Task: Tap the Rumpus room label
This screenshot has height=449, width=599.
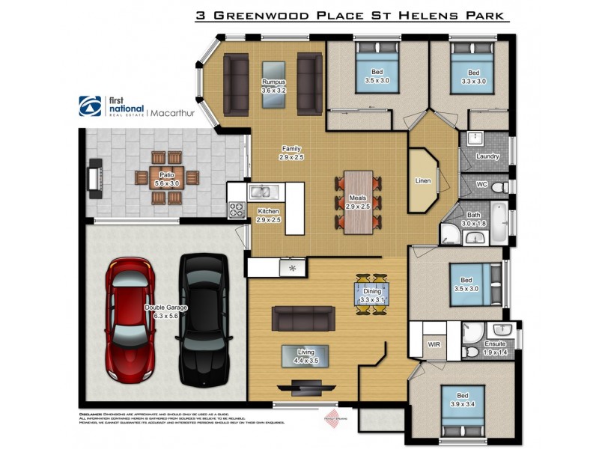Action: [x=274, y=85]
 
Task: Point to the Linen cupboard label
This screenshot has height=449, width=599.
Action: [x=423, y=181]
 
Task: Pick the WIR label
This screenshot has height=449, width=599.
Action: [x=434, y=344]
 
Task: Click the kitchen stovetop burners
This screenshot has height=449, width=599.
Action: [x=237, y=209]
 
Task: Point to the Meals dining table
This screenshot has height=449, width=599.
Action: [x=359, y=202]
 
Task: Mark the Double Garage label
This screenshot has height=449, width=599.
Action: [x=168, y=311]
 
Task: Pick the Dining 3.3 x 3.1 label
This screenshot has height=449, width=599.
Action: [x=372, y=296]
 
